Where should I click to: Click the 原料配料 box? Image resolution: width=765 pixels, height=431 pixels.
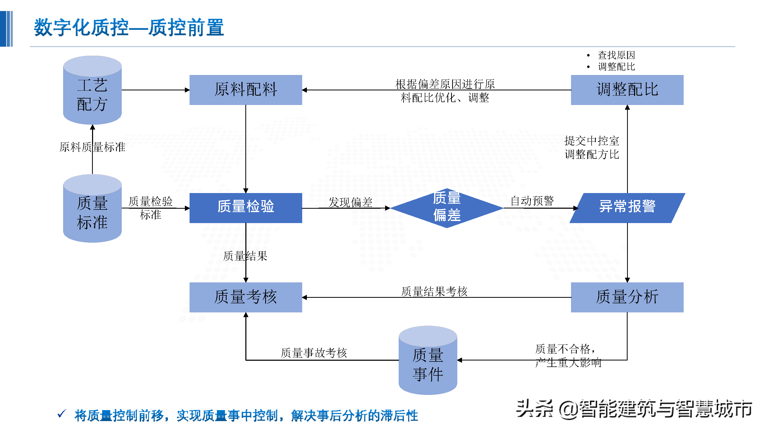tap(246, 90)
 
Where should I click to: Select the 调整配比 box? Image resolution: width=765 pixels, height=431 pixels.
tap(627, 90)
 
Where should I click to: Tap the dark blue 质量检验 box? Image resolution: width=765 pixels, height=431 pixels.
tap(246, 208)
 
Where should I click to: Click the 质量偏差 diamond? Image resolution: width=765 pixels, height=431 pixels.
tap(447, 208)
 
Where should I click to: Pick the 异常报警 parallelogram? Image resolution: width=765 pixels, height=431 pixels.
tap(627, 208)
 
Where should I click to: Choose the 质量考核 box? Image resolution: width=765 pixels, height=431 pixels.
tap(246, 297)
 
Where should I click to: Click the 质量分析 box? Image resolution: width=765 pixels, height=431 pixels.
tap(627, 297)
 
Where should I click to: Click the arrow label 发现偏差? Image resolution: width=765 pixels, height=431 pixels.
tap(350, 202)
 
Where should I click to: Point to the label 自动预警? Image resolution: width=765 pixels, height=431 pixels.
tap(532, 201)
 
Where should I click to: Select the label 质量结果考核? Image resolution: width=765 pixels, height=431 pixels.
tap(434, 292)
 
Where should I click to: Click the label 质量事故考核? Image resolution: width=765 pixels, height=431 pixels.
tap(314, 353)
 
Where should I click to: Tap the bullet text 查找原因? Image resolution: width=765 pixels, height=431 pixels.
tap(616, 55)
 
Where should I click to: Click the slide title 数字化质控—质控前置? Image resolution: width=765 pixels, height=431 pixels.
tap(129, 28)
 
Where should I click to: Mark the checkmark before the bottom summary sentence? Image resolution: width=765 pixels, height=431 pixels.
tap(62, 414)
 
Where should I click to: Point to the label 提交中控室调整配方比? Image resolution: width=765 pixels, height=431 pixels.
tap(592, 148)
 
